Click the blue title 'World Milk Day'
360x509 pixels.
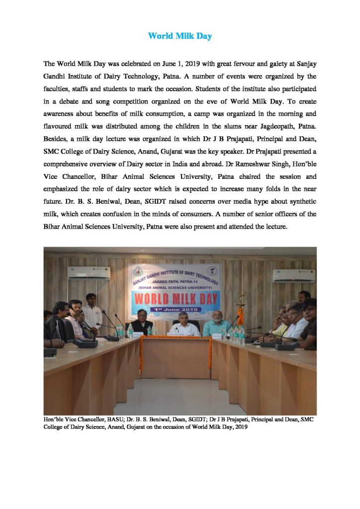point(180,36)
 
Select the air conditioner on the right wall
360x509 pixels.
point(293,275)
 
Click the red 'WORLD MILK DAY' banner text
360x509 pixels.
point(174,299)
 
